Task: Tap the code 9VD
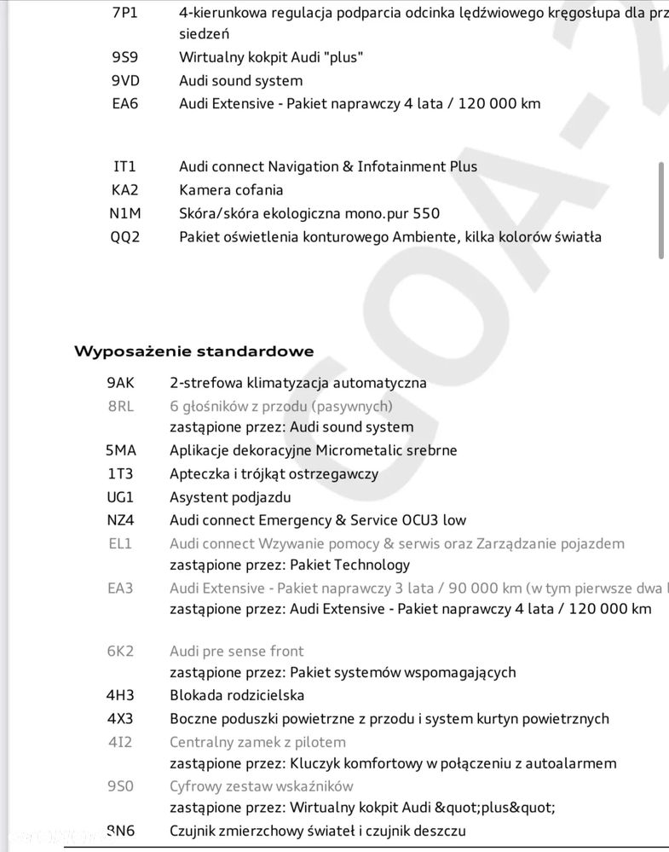tap(124, 81)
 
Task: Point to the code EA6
tap(124, 104)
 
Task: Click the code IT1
tap(124, 167)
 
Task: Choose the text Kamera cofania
tap(231, 190)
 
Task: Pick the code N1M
tap(124, 213)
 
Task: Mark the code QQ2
tap(124, 237)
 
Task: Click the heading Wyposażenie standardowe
tap(193, 351)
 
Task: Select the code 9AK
tap(120, 384)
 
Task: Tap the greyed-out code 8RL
tap(120, 407)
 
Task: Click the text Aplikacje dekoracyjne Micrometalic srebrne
tap(313, 450)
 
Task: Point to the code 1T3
tap(120, 474)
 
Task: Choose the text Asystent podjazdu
tap(230, 497)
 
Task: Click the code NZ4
tap(120, 520)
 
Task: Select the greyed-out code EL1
tap(120, 543)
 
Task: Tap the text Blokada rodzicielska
tap(237, 696)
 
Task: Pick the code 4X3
tap(120, 719)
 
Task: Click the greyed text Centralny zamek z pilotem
tap(257, 742)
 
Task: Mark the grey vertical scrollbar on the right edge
tap(661, 209)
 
